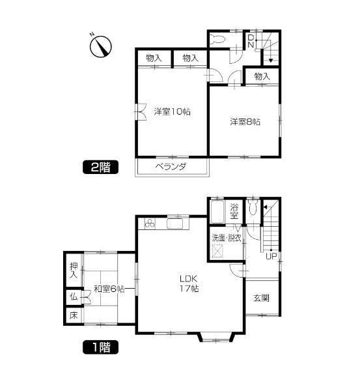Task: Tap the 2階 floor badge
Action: click(101, 167)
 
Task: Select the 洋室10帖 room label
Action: click(173, 111)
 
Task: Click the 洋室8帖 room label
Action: click(244, 121)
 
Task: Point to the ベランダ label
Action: click(171, 167)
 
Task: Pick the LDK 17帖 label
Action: click(189, 284)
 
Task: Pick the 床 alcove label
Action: click(74, 316)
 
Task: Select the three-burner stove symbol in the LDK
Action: click(150, 224)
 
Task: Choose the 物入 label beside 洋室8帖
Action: click(262, 77)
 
